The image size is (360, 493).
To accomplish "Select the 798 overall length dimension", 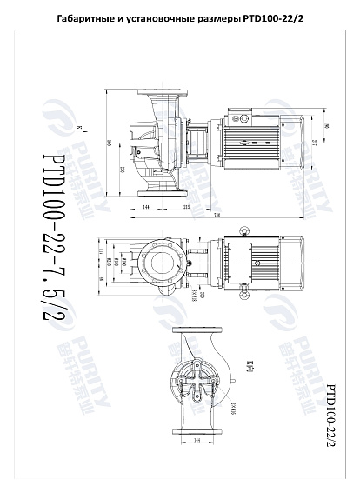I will [215, 216].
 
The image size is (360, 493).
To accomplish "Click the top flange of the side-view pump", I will [165, 92].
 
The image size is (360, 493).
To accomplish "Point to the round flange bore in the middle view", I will [161, 259].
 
